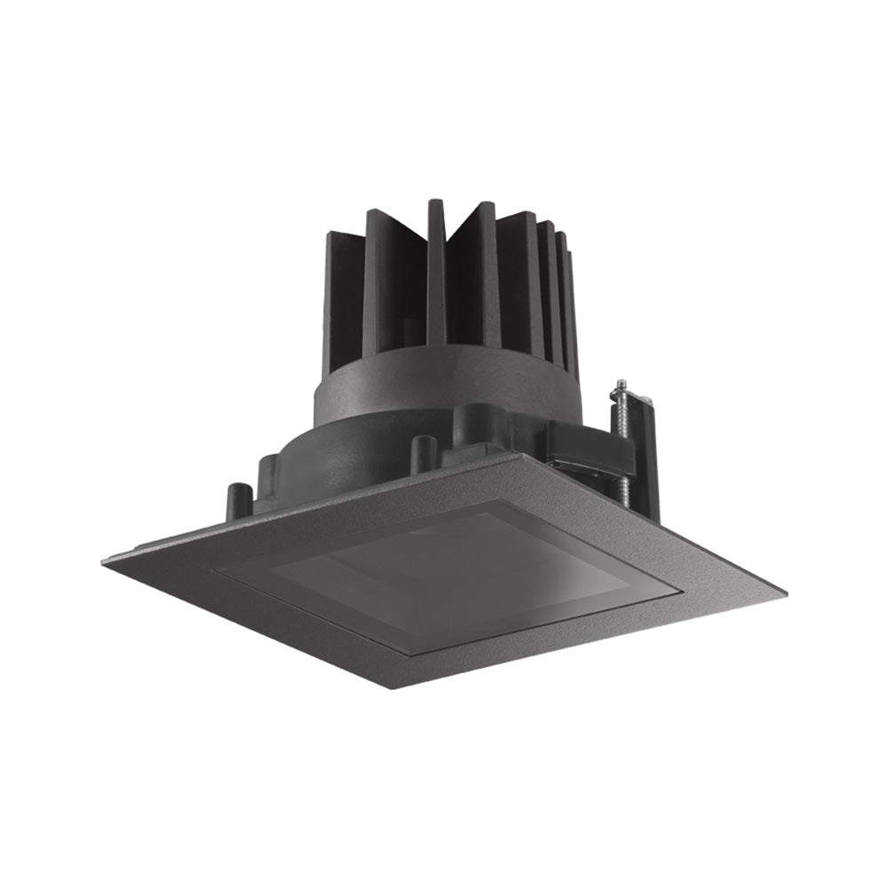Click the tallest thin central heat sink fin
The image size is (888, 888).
(x=434, y=266)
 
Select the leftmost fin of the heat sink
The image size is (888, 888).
(x=343, y=284)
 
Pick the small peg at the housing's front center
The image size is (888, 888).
(x=424, y=452)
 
